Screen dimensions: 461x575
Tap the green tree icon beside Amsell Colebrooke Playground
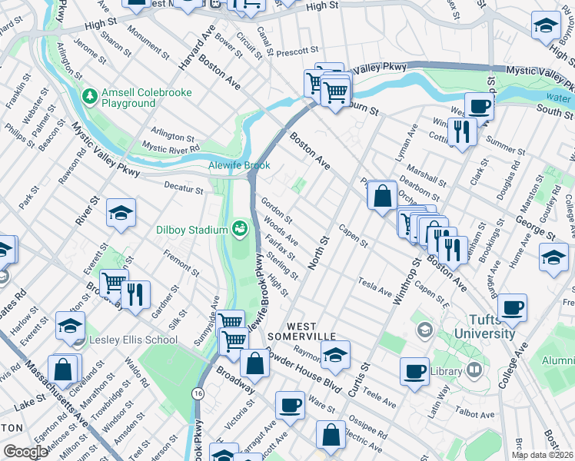(x=89, y=97)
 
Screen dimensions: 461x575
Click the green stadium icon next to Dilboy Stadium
(x=240, y=228)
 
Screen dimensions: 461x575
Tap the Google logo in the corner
(x=26, y=452)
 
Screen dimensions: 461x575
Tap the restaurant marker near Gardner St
(x=135, y=295)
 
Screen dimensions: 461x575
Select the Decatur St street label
(x=184, y=185)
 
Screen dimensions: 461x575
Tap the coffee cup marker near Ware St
(x=291, y=404)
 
